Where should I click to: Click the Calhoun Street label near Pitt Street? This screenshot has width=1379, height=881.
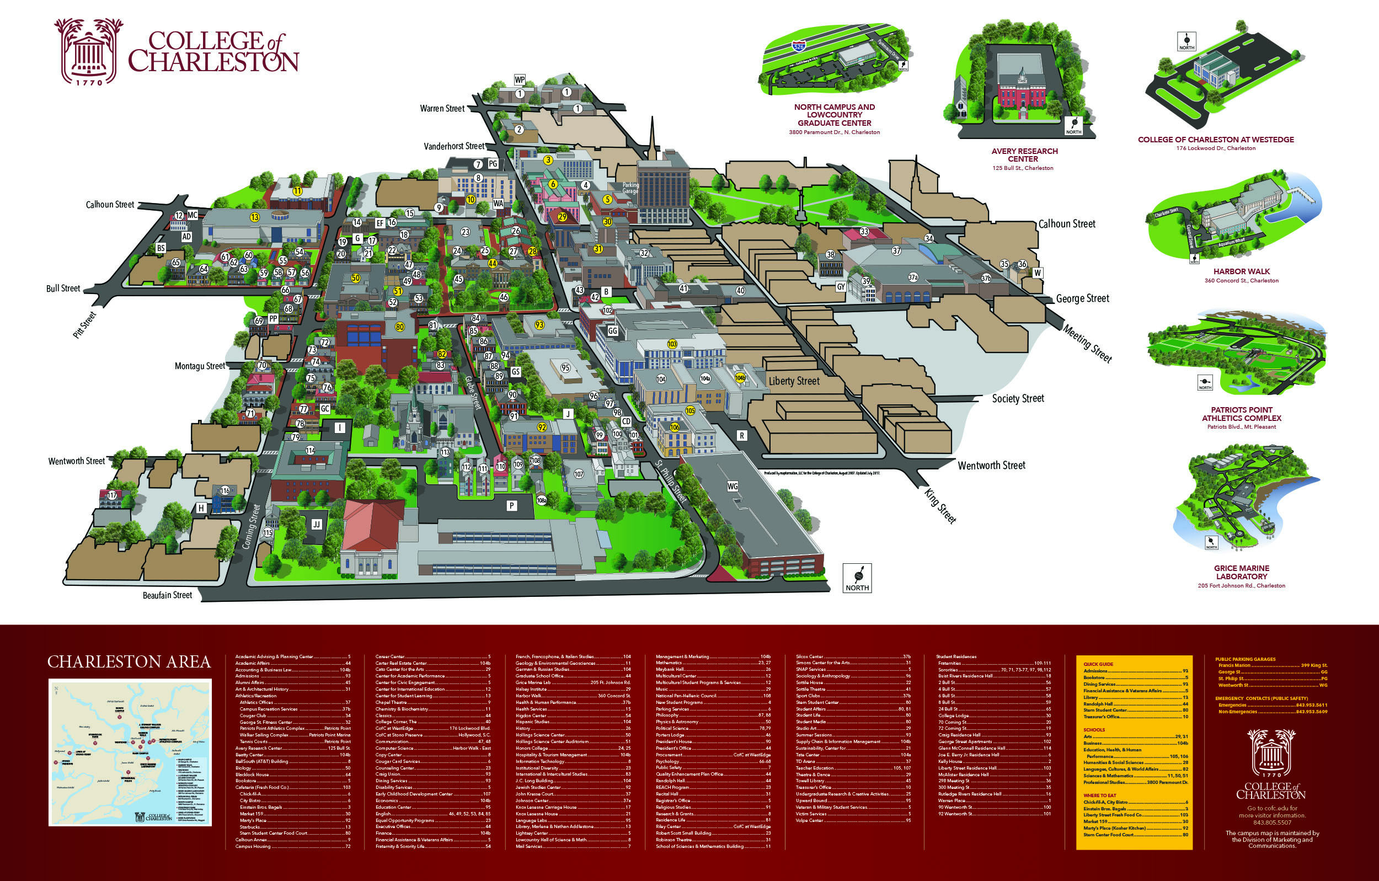point(110,205)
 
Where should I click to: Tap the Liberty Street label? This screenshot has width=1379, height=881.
point(794,381)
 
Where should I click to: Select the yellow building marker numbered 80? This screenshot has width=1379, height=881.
point(400,327)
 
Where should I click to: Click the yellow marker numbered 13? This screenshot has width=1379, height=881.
point(255,217)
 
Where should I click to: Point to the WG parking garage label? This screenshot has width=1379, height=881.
point(733,487)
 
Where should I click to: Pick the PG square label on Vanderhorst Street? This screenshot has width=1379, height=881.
point(493,164)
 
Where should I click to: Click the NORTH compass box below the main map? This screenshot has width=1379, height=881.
point(857,578)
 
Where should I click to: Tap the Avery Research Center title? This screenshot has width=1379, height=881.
point(1024,154)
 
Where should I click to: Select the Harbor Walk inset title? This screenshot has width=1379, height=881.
point(1242,271)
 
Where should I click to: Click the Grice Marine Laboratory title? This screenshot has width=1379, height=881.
point(1242,572)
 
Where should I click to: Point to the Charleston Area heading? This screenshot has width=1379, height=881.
point(129,661)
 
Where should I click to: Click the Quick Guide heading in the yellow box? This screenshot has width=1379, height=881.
point(1098,664)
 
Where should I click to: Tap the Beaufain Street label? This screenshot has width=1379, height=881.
point(167,595)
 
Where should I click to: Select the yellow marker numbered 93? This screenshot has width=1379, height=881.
point(539,325)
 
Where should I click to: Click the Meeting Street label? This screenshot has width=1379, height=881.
point(1087,344)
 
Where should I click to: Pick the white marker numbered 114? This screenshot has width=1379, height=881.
point(311,450)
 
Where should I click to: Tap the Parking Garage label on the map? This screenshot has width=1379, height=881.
point(630,188)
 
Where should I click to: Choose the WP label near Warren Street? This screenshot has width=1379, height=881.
point(520,79)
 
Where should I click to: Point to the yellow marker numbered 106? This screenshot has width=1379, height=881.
point(675,428)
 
